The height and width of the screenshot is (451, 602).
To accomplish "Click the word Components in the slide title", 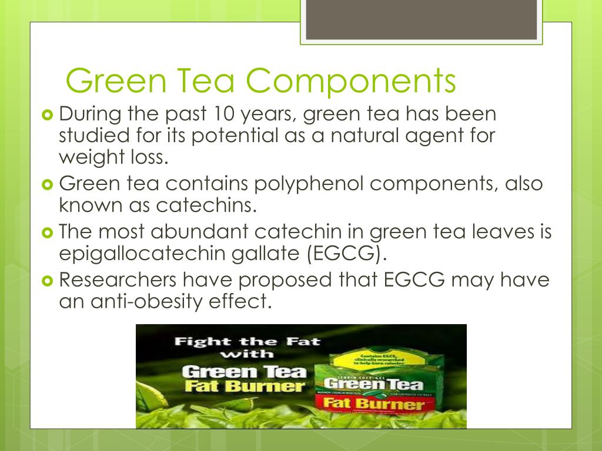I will click(351, 82).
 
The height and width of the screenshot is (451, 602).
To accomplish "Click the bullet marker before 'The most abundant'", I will click(48, 232).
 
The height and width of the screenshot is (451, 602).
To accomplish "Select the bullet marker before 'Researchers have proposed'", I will click(48, 280).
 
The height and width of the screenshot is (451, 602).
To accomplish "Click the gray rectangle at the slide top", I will click(420, 19).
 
